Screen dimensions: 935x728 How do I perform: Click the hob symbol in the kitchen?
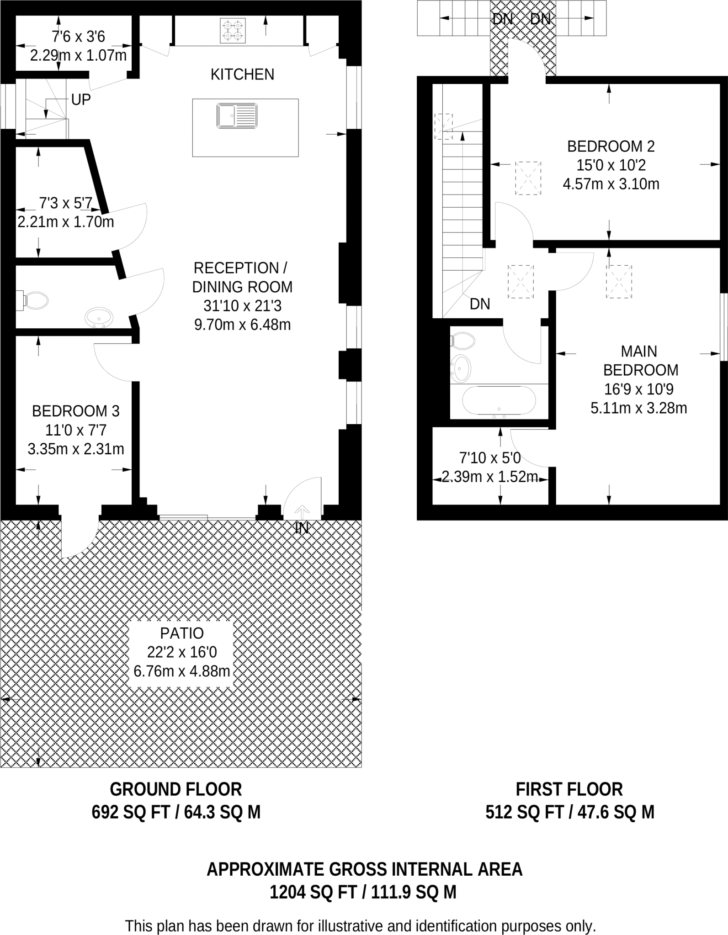click(x=232, y=31)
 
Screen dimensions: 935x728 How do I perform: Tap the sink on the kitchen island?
click(x=237, y=116)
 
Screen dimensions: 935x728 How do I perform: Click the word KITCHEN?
click(x=242, y=74)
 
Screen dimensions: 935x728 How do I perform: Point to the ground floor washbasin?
click(x=99, y=317)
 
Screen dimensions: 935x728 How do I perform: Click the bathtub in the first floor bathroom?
click(x=499, y=401)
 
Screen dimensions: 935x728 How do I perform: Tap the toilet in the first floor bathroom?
click(x=463, y=341)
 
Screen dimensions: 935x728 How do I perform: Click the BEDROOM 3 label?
click(x=75, y=411)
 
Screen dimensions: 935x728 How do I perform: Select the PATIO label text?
click(x=182, y=633)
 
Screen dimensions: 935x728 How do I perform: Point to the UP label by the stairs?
click(x=81, y=100)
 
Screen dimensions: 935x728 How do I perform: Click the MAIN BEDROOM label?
click(x=639, y=361)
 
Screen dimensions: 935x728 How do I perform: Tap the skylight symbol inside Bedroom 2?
click(x=528, y=178)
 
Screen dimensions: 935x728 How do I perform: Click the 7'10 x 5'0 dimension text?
click(x=490, y=457)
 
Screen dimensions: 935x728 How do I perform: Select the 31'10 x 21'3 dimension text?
click(x=242, y=306)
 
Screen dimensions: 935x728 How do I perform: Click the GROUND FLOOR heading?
click(x=176, y=789)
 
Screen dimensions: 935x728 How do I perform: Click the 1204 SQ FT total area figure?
click(x=313, y=892)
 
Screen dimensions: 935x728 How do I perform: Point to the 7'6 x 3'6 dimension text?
click(x=79, y=37)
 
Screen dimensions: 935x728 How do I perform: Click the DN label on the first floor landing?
click(x=480, y=304)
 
